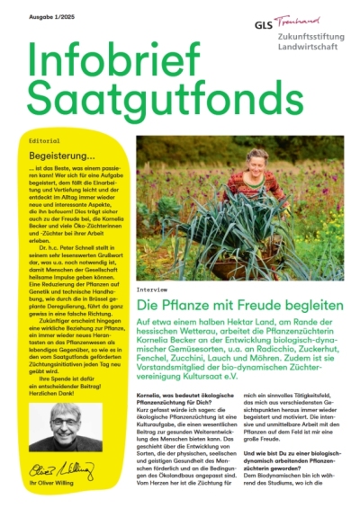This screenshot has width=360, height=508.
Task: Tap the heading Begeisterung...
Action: coord(66,156)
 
